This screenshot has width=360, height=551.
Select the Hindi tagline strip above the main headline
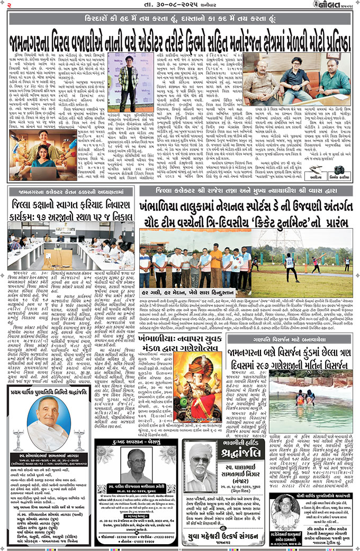click(179, 20)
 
